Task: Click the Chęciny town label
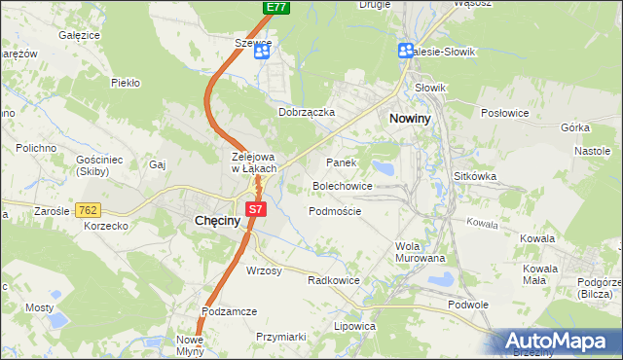point(210,222)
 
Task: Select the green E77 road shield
point(276,7)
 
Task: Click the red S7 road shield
point(256,208)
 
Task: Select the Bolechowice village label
point(342,185)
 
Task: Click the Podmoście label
point(335,211)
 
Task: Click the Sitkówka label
point(475,176)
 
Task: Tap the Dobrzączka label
point(307,112)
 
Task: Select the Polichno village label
point(35,147)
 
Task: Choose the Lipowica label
point(354,326)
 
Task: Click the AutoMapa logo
point(559,342)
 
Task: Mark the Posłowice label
point(504,113)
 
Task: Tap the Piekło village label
point(127,83)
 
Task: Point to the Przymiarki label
point(280,337)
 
